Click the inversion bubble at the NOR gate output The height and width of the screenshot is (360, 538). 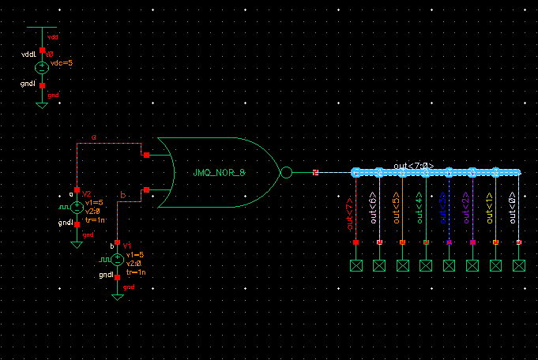[x=287, y=172]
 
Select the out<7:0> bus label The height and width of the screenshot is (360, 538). [x=414, y=166]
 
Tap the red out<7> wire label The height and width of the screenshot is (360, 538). [x=350, y=210]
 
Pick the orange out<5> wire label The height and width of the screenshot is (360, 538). [x=397, y=210]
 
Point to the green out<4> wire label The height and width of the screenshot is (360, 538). [x=419, y=210]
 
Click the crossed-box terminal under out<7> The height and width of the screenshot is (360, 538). [x=356, y=266]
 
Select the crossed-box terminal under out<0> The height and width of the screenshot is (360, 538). [x=519, y=266]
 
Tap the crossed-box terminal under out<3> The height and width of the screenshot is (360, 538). [x=450, y=266]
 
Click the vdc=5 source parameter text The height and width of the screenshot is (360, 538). [x=61, y=62]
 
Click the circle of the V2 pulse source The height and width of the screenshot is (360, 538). [x=77, y=207]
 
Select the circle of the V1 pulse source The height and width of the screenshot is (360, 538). [x=117, y=258]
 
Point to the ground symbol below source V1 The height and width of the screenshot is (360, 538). [x=117, y=297]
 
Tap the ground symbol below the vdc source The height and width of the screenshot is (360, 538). [x=43, y=103]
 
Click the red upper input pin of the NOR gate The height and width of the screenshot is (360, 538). [x=146, y=155]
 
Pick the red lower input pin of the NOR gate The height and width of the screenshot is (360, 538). [x=146, y=189]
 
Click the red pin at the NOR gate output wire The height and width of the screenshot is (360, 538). [x=315, y=172]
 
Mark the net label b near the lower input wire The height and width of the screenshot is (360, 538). [x=122, y=194]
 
